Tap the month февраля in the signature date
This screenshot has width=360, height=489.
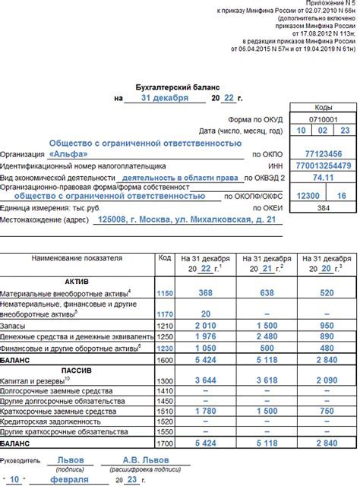(77, 481)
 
